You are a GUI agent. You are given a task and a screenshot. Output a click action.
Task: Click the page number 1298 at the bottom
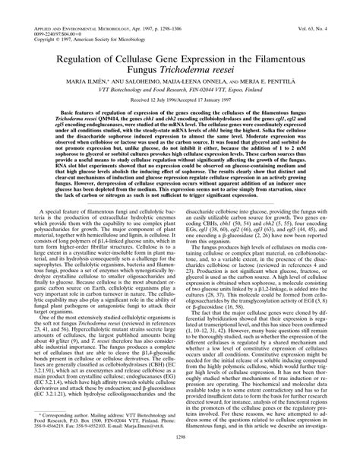pyautogui.click(x=180, y=458)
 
